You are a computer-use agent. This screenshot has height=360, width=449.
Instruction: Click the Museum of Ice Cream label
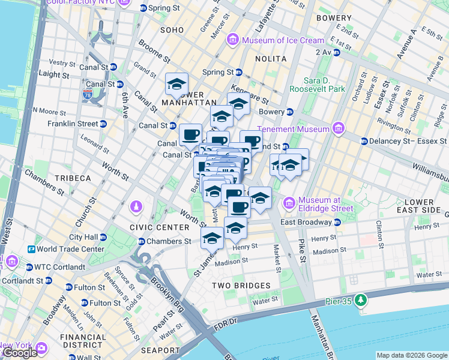pyautogui.click(x=283, y=41)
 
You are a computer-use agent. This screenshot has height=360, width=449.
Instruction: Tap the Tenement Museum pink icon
pyautogui.click(x=339, y=129)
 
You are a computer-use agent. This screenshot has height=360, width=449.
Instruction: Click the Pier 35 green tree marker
pyautogui.click(x=360, y=299)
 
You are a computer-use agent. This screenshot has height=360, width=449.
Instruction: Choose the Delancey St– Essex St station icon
pyautogui.click(x=364, y=142)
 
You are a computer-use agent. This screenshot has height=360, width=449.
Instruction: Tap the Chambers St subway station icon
pyautogui.click(x=142, y=242)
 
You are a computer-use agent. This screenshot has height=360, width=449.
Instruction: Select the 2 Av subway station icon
pyautogui.click(x=336, y=52)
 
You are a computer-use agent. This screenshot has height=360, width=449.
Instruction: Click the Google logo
pyautogui.click(x=19, y=353)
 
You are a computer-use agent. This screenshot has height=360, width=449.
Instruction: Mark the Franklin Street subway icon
pyautogui.click(x=103, y=124)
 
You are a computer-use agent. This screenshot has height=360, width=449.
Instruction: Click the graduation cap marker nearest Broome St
pyautogui.click(x=177, y=84)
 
